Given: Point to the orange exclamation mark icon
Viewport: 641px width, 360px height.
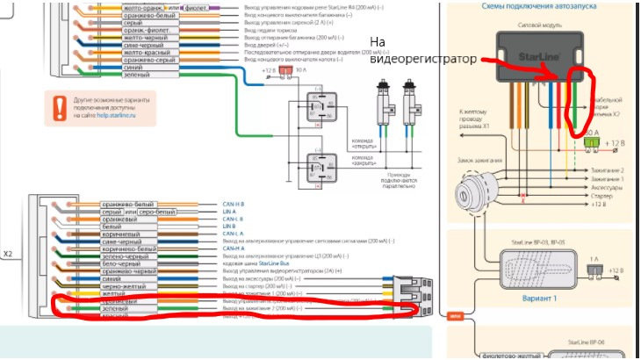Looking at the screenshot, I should (58, 107).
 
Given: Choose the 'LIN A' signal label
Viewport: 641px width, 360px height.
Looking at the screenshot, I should (229, 212).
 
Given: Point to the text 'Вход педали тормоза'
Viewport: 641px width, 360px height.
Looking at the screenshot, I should (272, 32).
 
